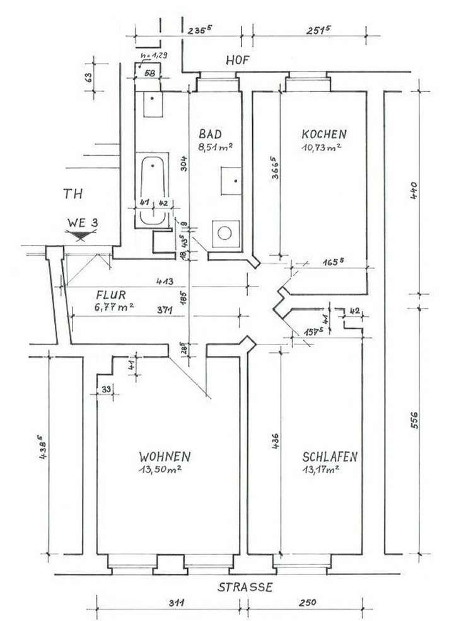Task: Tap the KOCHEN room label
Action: coord(324,134)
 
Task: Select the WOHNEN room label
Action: coord(165,456)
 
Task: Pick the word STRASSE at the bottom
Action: coord(245,587)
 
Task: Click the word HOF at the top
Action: coord(238,60)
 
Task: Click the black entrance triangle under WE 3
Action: coord(80,236)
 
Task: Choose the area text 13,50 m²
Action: coord(165,469)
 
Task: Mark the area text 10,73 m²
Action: coord(322,147)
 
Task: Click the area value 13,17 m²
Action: coord(321,469)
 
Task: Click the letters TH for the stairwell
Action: coord(73,194)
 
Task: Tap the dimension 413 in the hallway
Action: coord(167,282)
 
